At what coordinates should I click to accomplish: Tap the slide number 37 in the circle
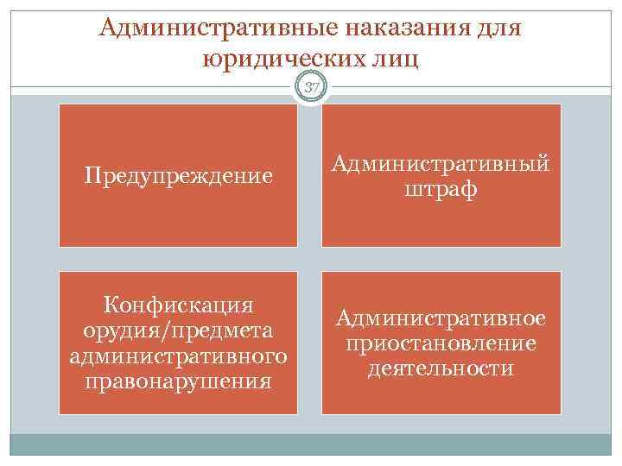(310, 86)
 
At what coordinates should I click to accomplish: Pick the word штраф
(441, 188)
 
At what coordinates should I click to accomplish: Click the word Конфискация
(178, 305)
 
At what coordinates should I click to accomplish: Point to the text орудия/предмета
(178, 331)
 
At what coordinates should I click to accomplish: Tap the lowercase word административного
(178, 356)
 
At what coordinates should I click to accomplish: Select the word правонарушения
(178, 381)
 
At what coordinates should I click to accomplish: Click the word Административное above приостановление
(441, 318)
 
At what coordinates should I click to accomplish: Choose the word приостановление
(441, 343)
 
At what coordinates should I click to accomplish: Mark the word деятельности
(441, 368)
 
